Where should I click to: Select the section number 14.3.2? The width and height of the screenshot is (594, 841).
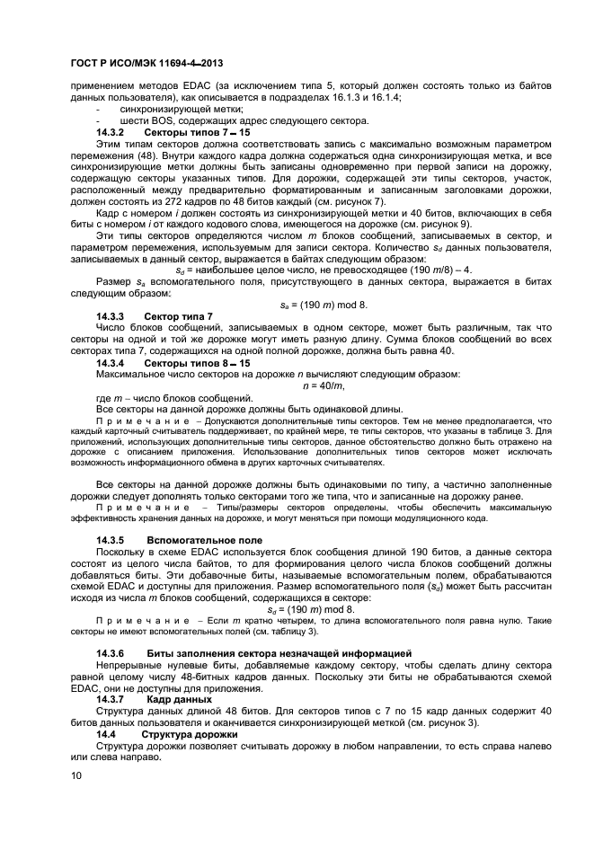point(111,132)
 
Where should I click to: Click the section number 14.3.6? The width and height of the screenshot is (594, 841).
point(111,651)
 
